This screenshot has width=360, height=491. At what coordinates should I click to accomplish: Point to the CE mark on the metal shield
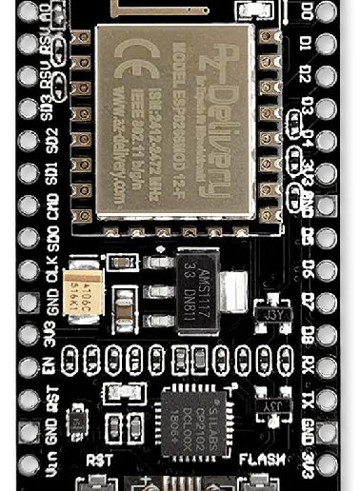(x=126, y=71)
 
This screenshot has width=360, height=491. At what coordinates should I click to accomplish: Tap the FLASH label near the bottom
(x=259, y=458)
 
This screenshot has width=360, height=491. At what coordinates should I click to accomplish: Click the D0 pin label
(x=307, y=13)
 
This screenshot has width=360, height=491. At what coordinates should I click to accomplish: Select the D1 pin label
(x=307, y=44)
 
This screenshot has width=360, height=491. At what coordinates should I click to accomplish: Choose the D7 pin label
(x=307, y=301)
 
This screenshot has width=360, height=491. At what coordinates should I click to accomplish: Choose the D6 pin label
(x=307, y=269)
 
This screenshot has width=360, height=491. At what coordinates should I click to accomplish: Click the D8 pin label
(x=307, y=332)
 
